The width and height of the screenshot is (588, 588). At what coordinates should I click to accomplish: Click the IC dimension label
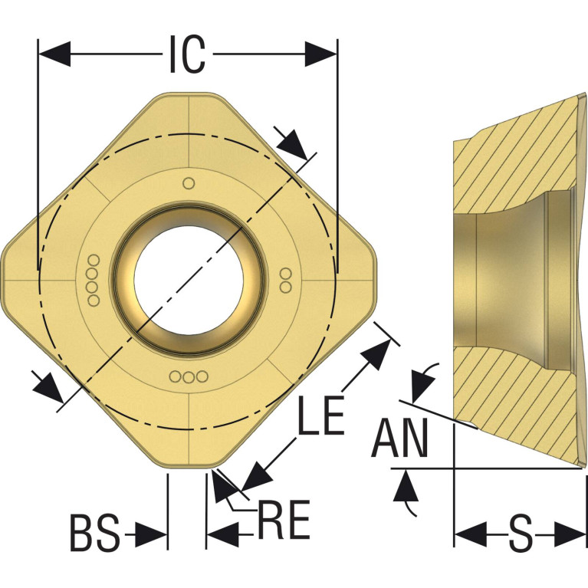pyautogui.click(x=188, y=54)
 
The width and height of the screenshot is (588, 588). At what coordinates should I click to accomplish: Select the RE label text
pyautogui.click(x=284, y=519)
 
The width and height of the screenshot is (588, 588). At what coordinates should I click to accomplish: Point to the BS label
pyautogui.click(x=95, y=534)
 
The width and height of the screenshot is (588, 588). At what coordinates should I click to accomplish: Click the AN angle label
pyautogui.click(x=399, y=438)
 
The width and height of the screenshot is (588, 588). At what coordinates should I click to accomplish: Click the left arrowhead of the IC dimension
pyautogui.click(x=54, y=54)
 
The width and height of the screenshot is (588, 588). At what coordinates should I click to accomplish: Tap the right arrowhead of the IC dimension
pyautogui.click(x=321, y=54)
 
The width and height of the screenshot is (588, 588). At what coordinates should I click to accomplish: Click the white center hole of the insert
pyautogui.click(x=189, y=280)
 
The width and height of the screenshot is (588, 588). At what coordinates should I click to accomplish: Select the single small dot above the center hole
pyautogui.click(x=189, y=183)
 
